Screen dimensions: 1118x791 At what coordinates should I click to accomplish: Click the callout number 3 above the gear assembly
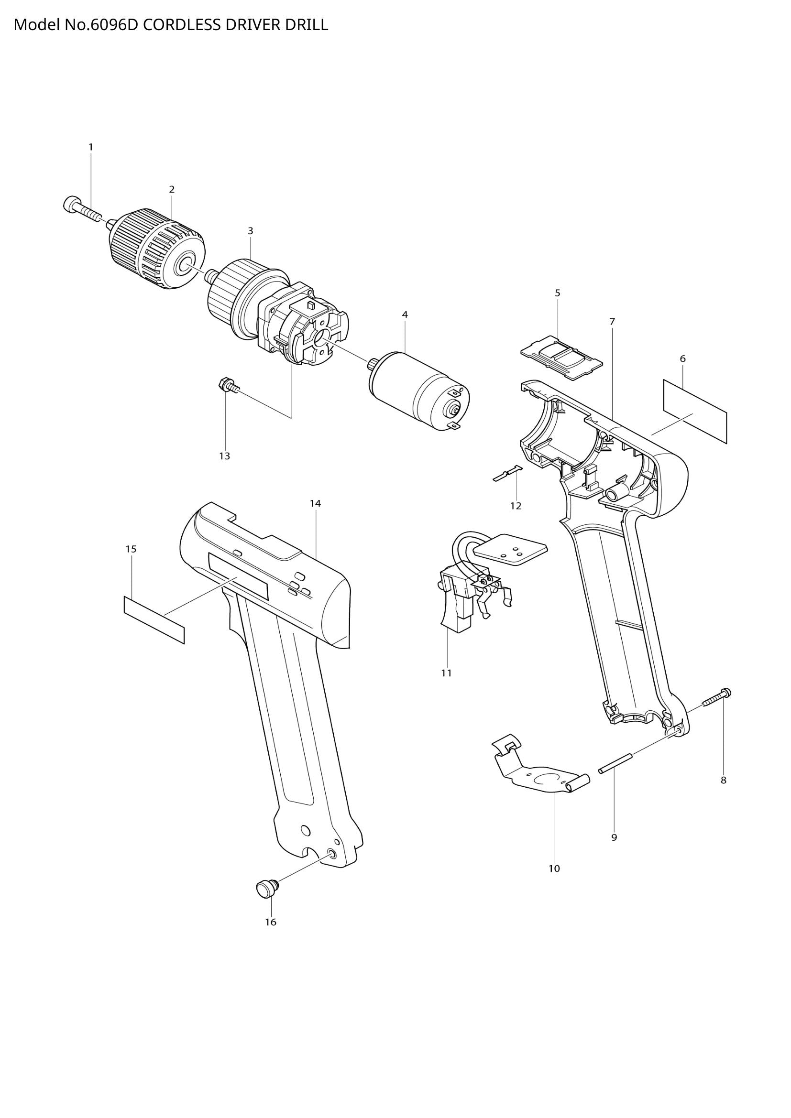coord(250,231)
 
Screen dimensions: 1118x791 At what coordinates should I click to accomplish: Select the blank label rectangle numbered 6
coord(695,411)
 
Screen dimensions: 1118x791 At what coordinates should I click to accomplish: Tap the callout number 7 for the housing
coord(612,321)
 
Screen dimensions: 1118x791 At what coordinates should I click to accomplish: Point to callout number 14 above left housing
coord(315,503)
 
